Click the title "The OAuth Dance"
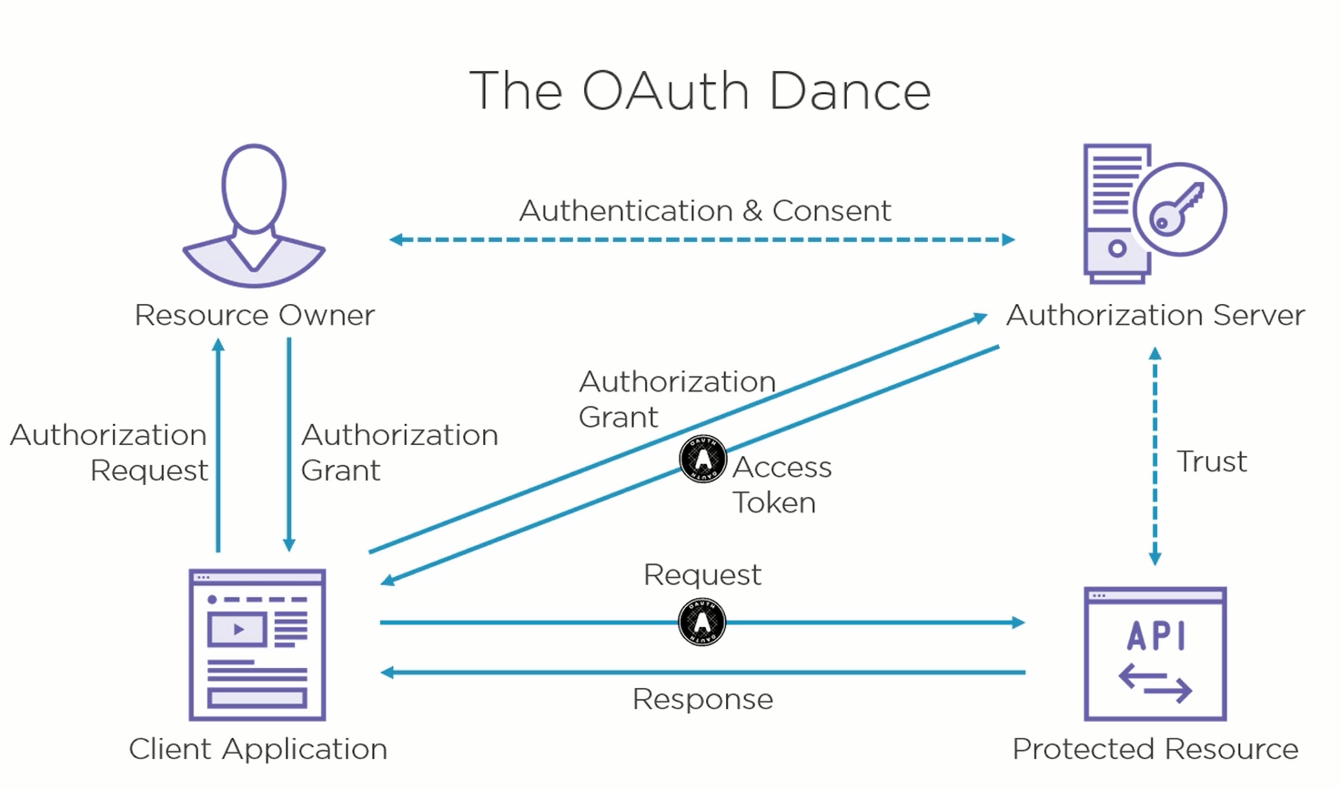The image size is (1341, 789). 700,91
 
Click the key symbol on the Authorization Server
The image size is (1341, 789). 1177,209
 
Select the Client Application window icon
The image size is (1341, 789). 257,644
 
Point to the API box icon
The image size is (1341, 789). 1155,653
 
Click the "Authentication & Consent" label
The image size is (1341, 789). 705,211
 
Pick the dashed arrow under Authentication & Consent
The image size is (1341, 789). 701,240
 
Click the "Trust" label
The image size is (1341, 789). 1211,461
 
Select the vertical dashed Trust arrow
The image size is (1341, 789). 1154,456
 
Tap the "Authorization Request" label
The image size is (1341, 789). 110,452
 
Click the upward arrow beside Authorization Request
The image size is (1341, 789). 218,445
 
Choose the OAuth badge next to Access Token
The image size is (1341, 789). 703,459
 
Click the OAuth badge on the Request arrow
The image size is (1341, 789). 702,622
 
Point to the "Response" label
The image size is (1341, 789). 702,699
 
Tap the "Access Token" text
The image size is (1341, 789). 781,484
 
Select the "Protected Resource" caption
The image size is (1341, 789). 1155,749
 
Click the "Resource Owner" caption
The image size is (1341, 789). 255,315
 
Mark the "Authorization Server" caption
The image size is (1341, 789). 1155,315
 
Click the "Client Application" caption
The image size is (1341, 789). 258,749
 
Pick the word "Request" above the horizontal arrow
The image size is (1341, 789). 702,575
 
